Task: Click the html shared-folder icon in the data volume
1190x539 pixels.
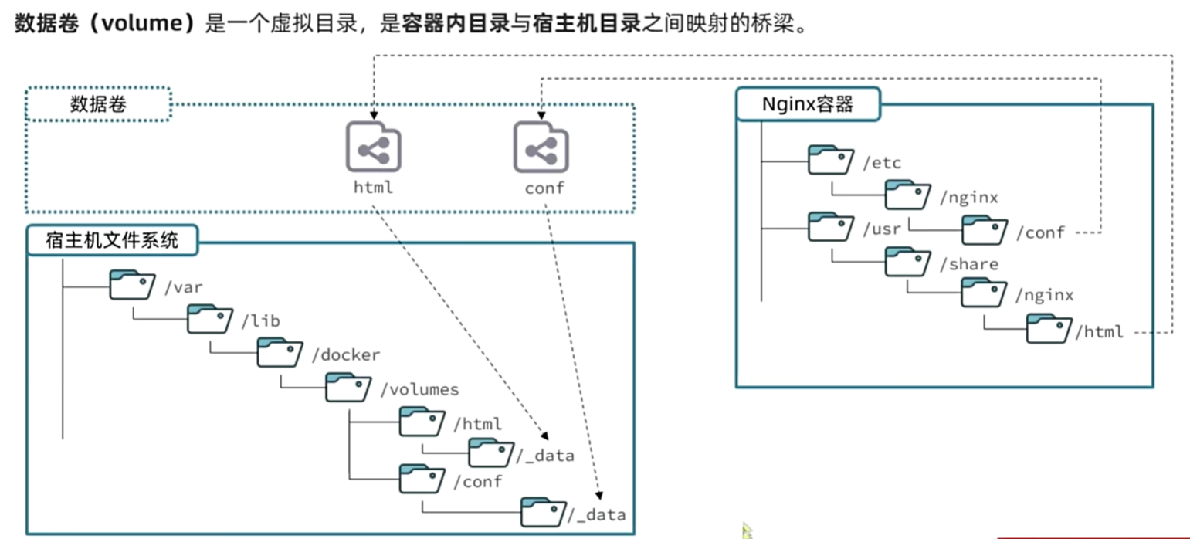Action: pos(373,147)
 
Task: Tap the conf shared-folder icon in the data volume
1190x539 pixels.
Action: pos(541,147)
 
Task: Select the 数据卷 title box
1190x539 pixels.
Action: pos(98,104)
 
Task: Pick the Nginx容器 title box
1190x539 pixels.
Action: pos(807,104)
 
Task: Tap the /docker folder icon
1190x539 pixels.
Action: pos(280,353)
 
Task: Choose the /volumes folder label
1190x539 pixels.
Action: pos(419,389)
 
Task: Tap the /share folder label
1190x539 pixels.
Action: pos(968,264)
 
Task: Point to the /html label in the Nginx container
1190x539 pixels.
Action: pos(1099,332)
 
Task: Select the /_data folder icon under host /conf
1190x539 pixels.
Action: pos(543,512)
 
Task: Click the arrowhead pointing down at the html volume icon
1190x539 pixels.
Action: pos(374,113)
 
